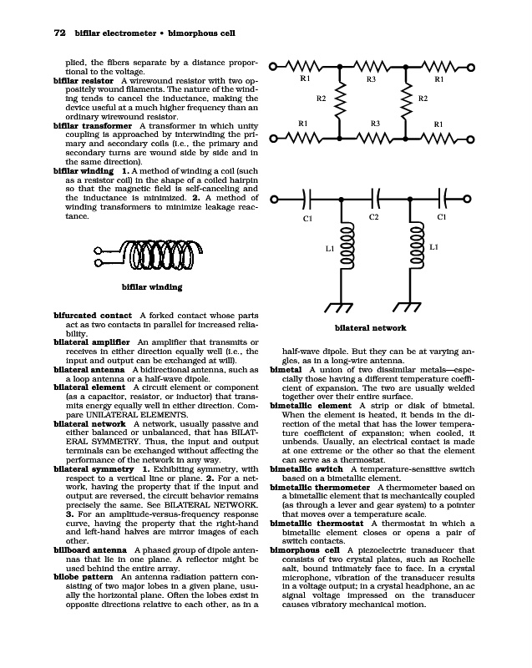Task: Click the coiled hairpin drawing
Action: click(142, 253)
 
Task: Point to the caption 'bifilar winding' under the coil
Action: click(152, 288)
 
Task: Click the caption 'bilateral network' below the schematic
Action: click(370, 328)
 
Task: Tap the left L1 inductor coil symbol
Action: click(342, 250)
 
